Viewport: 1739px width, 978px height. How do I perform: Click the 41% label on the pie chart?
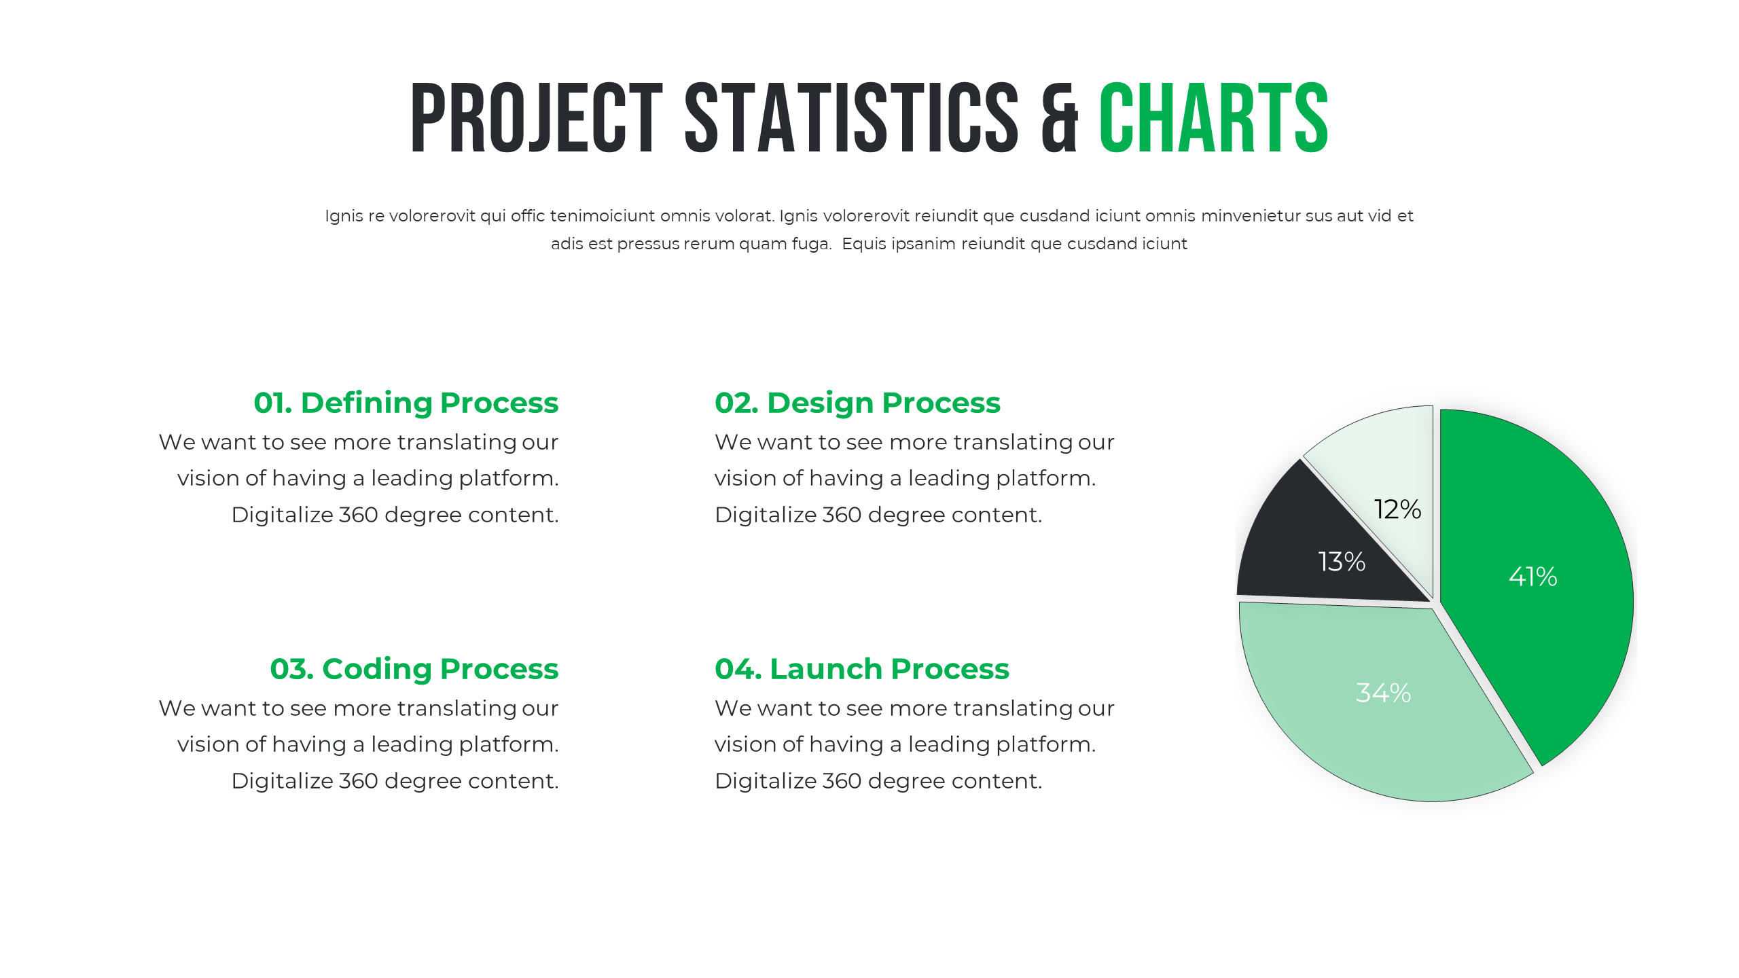(x=1532, y=577)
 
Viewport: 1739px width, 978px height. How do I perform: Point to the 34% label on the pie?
(x=1383, y=693)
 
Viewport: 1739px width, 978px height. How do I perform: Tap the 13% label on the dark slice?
(x=1342, y=562)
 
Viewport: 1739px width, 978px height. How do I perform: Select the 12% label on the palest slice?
(x=1397, y=509)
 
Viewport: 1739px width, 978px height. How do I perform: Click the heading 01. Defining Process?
(x=406, y=403)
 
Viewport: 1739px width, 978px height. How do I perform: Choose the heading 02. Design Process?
(x=857, y=403)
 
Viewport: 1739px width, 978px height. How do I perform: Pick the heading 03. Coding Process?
(x=414, y=669)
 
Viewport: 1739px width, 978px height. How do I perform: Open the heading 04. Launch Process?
(x=861, y=669)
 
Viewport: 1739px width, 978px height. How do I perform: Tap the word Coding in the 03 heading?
(x=376, y=669)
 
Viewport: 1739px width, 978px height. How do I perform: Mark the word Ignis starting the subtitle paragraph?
(x=344, y=216)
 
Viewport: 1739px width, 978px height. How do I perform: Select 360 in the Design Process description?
(x=842, y=515)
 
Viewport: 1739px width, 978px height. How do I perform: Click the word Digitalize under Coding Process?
(x=282, y=781)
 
